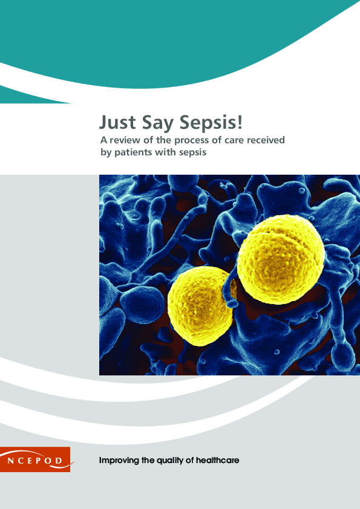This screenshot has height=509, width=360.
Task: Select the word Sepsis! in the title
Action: (211, 123)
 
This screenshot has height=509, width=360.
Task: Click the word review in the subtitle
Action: (127, 141)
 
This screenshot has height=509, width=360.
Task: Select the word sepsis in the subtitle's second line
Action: (194, 153)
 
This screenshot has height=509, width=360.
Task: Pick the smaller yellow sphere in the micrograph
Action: (199, 300)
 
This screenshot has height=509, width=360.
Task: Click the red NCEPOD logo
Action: (34, 459)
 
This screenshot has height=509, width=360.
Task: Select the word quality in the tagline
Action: (171, 461)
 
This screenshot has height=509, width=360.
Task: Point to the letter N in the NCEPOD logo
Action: (12, 460)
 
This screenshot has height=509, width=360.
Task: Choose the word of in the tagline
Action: (190, 461)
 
